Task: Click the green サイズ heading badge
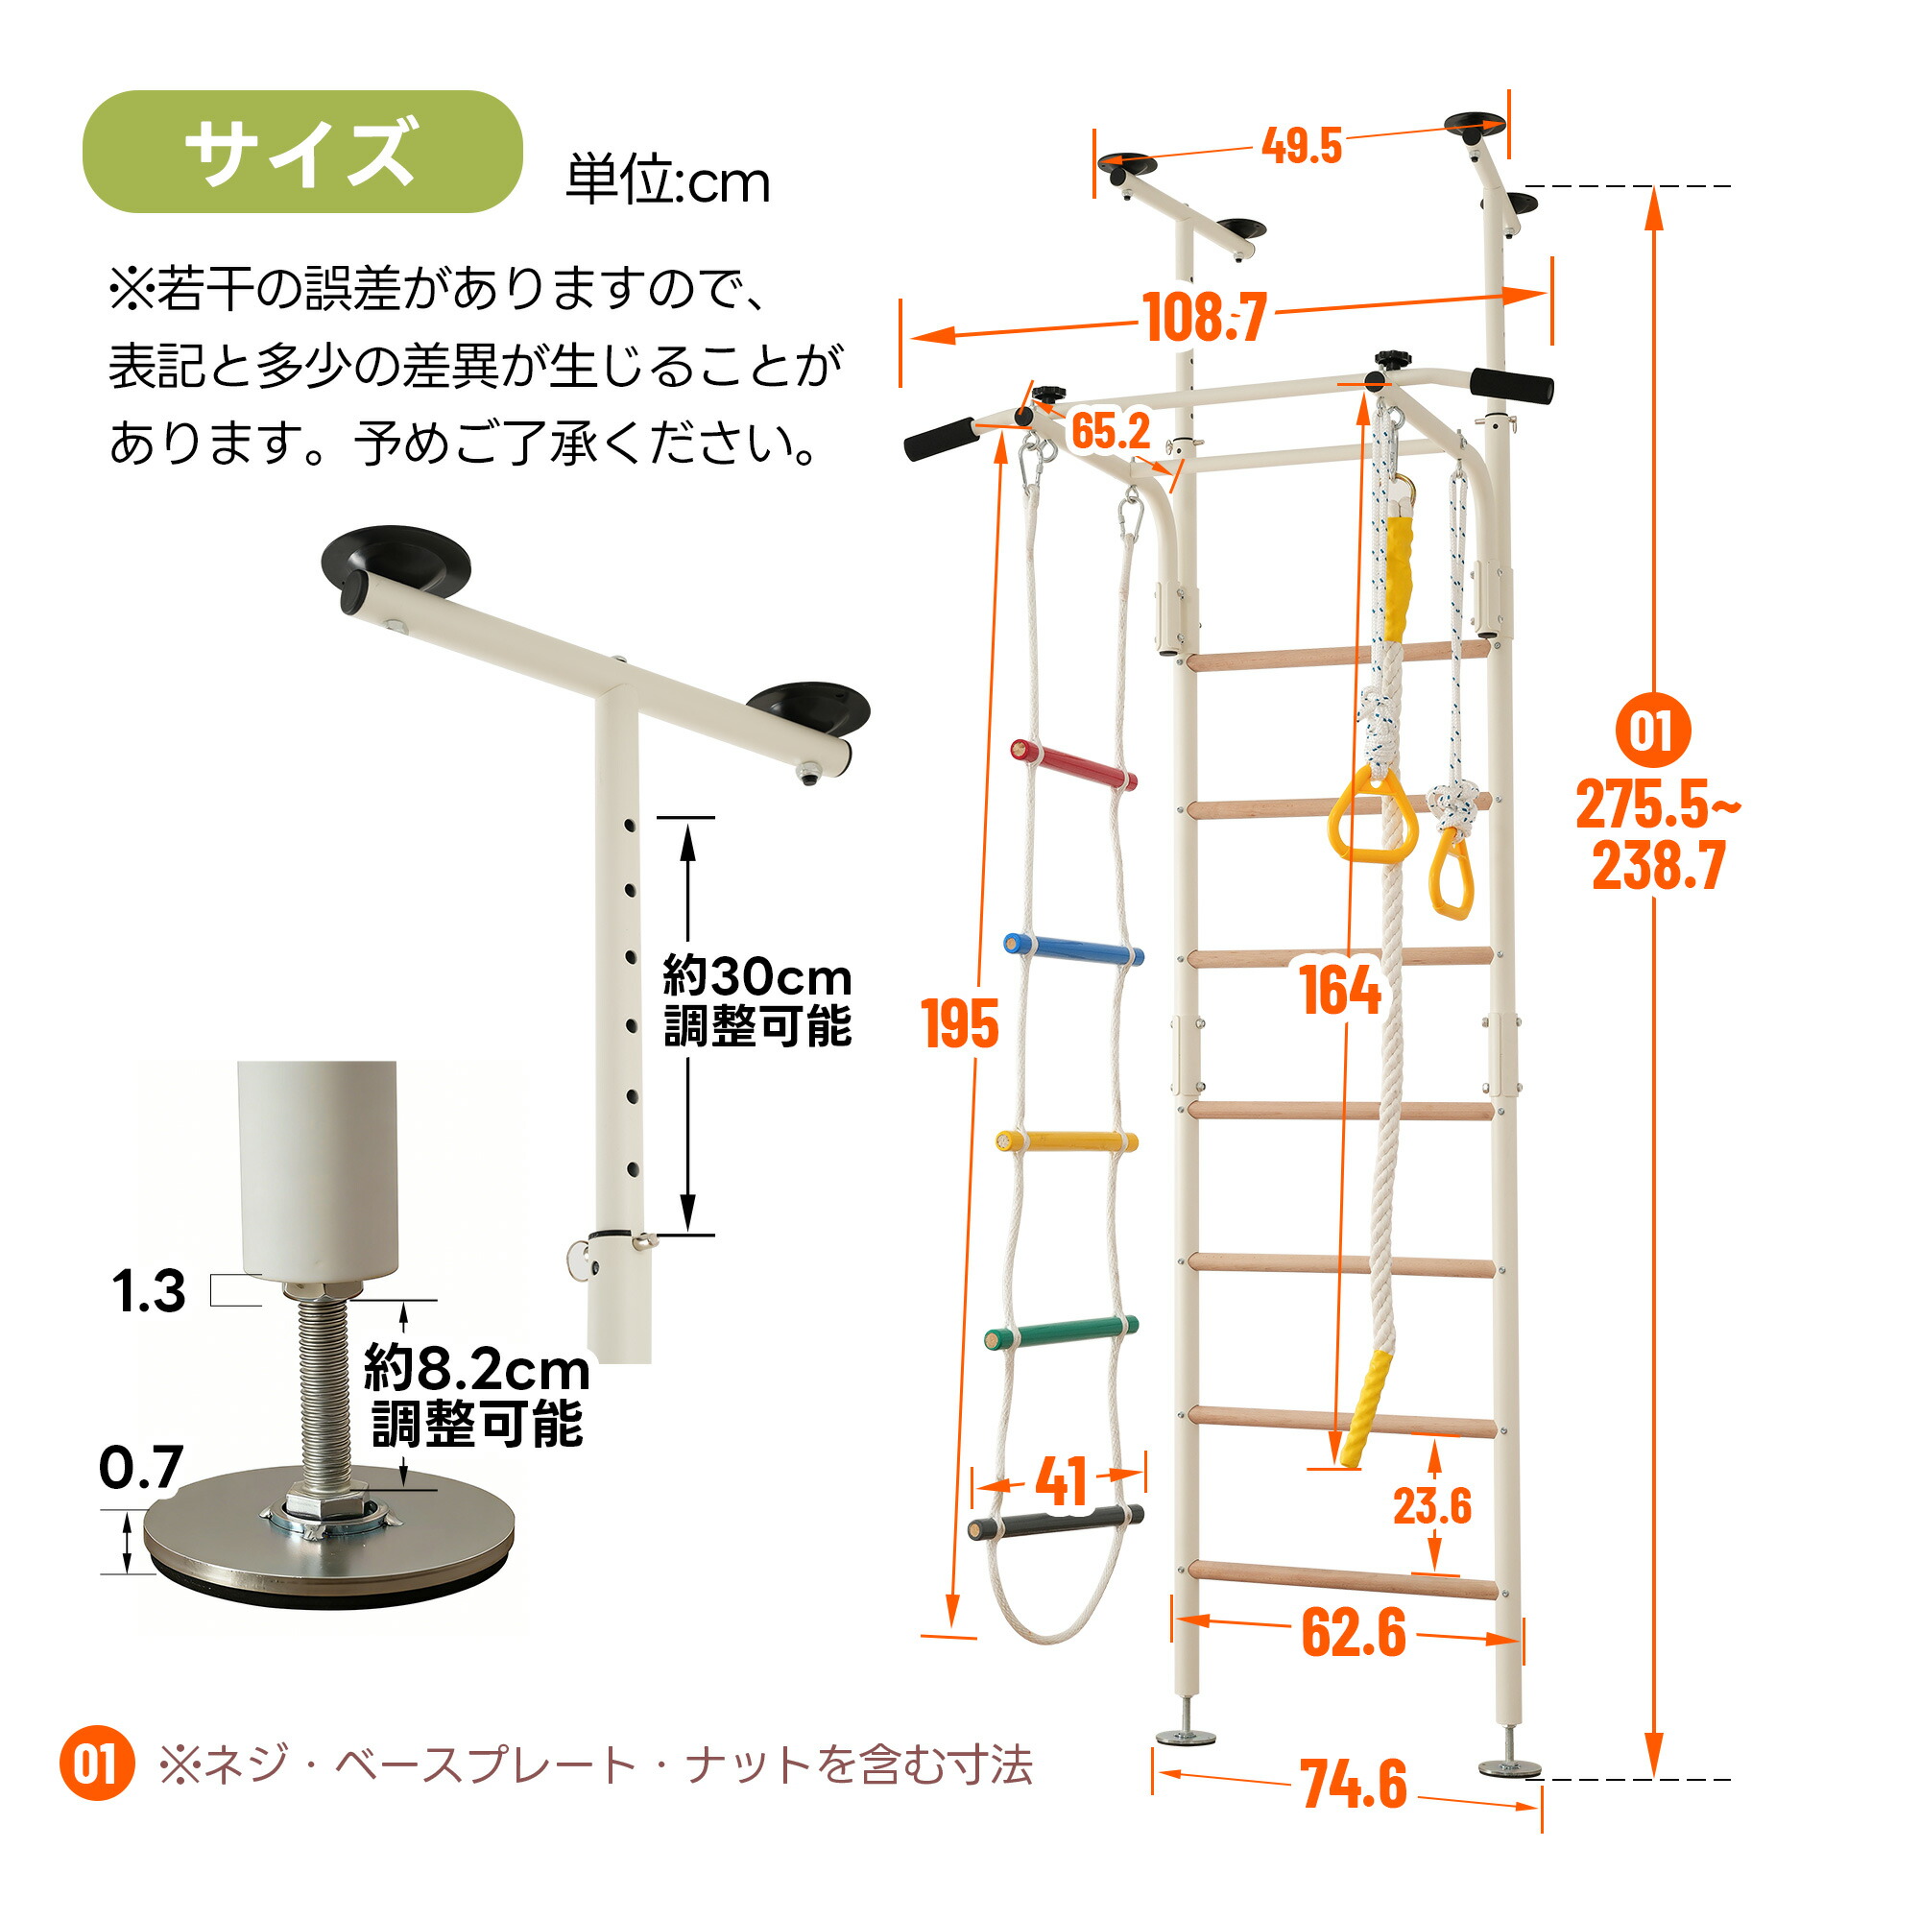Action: pos(302,151)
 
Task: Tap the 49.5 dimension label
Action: pos(1302,146)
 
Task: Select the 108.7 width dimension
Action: pos(1206,317)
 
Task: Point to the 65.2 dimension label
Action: pos(1110,430)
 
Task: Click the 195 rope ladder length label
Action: pos(959,1023)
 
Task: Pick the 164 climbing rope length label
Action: pos(1340,990)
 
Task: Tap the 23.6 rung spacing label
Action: pos(1431,1505)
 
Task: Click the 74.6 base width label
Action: pos(1354,1784)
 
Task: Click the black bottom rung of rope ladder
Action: pos(1055,1524)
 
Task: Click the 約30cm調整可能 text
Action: pos(757,1000)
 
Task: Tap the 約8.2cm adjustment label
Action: pos(477,1370)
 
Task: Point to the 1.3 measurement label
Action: pos(148,1291)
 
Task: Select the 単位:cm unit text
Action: pos(668,181)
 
